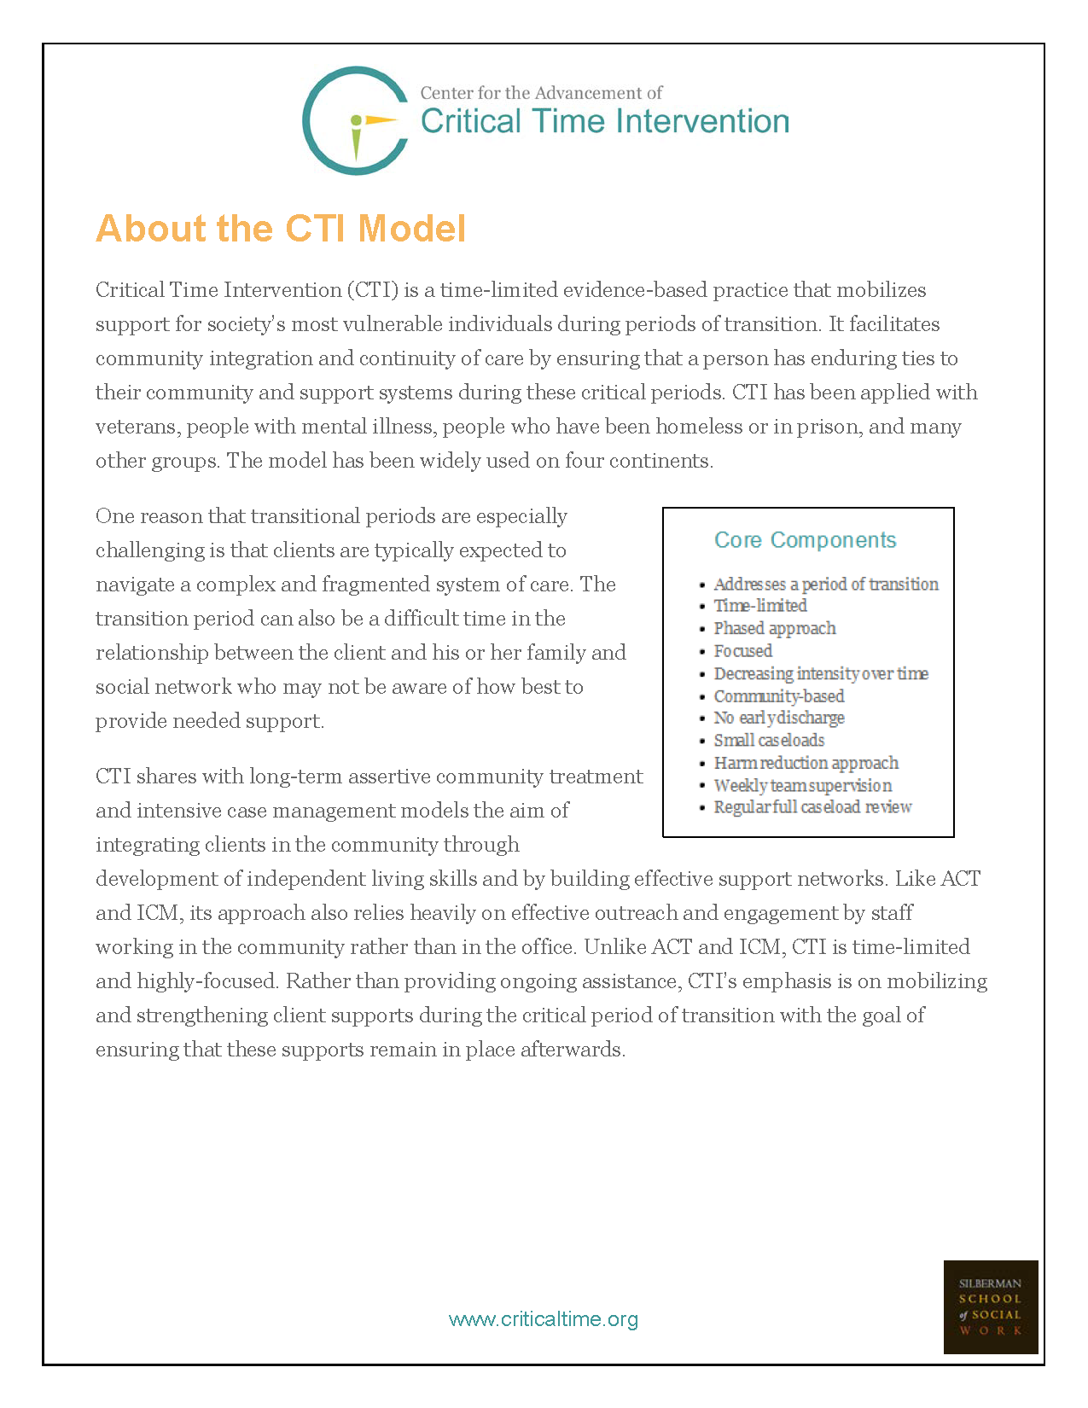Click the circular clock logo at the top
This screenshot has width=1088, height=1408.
tap(354, 121)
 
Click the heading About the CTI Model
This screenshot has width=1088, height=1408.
tap(281, 229)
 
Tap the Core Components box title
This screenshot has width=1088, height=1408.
tap(805, 540)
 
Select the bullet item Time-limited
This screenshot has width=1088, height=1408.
tap(759, 606)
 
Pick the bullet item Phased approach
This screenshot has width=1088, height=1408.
tap(774, 628)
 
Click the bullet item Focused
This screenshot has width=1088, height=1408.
tap(742, 651)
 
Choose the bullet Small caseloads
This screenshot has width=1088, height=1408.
tap(768, 741)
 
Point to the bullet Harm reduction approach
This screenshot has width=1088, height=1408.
tap(806, 763)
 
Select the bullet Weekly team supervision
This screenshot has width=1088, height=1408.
tap(802, 785)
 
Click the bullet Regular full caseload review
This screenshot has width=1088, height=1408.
tap(812, 807)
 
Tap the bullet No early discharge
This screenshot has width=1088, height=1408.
tap(778, 718)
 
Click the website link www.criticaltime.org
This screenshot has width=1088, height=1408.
tap(544, 1319)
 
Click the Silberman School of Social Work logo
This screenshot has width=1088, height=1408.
tap(990, 1306)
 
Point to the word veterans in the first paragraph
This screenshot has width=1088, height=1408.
tap(135, 427)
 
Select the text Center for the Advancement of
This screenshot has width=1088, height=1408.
tap(541, 93)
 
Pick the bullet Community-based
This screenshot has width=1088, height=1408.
tap(778, 696)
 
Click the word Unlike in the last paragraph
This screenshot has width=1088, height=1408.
tap(614, 947)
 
